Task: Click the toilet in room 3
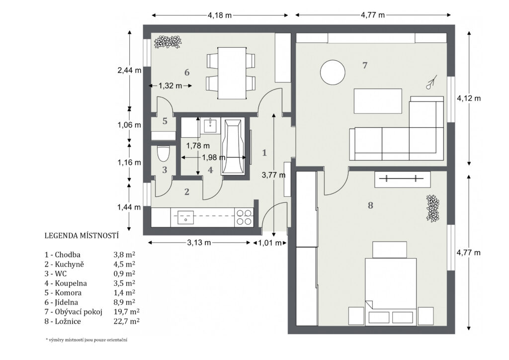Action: tap(163, 154)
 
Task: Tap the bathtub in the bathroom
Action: tap(233, 147)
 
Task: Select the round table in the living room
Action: tap(333, 72)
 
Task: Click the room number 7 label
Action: tap(365, 66)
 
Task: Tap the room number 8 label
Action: tap(370, 205)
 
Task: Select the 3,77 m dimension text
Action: tap(274, 176)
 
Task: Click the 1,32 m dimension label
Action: tap(170, 86)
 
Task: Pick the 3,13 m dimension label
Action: tap(199, 243)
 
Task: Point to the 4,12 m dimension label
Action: tap(469, 98)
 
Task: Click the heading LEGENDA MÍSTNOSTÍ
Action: tap(81, 236)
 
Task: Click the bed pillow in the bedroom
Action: tap(390, 250)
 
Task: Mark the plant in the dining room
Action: tap(168, 42)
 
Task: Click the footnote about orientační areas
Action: tap(86, 340)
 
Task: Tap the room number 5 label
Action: tap(165, 121)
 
